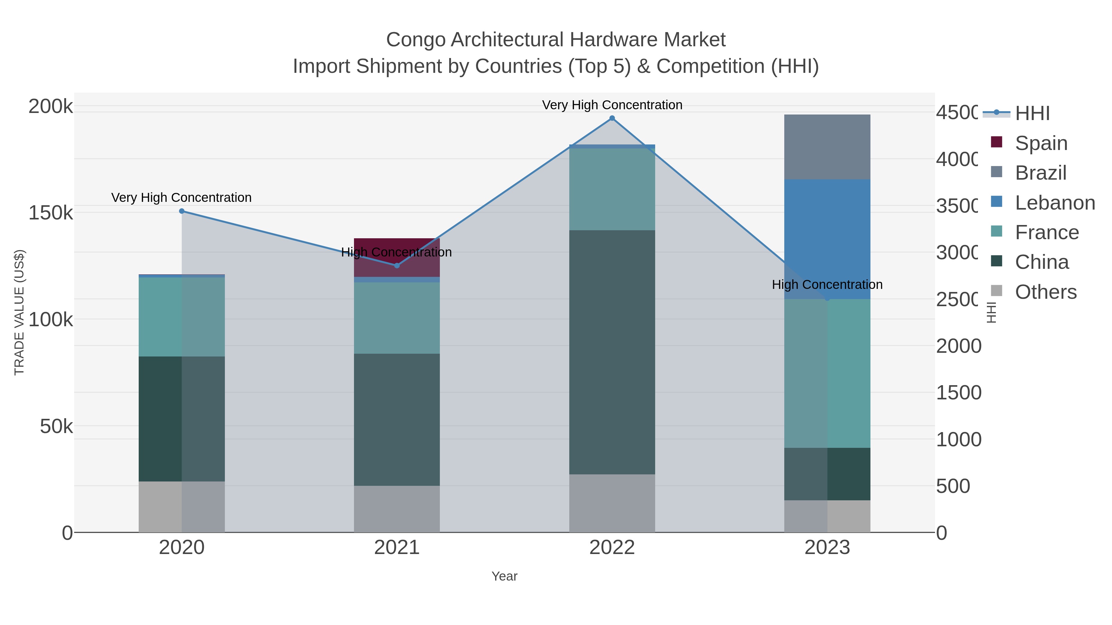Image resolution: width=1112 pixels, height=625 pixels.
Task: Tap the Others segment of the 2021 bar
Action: point(397,509)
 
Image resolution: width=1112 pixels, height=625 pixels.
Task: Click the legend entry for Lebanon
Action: point(1055,203)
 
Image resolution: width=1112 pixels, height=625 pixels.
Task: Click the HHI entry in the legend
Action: point(1032,114)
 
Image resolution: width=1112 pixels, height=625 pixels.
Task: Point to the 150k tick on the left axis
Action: point(51,213)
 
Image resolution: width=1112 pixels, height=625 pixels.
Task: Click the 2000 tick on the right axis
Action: point(958,346)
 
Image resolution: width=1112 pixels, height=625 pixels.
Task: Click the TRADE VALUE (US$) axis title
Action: point(19,312)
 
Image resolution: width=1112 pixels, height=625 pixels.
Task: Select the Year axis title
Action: point(504,576)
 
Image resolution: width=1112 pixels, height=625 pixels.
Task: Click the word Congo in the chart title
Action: point(415,40)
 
